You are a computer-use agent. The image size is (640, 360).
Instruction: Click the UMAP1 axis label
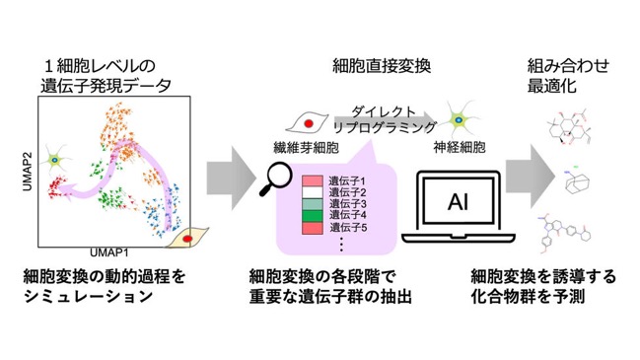click(109, 252)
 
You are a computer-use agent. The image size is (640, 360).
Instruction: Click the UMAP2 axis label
click(28, 172)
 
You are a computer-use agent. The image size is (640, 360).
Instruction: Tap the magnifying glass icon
click(275, 179)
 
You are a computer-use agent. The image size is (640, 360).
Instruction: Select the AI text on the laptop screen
click(458, 201)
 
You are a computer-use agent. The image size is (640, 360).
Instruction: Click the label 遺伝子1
click(347, 180)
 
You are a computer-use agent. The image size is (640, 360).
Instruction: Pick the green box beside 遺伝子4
click(313, 215)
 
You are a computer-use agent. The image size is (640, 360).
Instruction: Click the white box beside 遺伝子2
click(313, 192)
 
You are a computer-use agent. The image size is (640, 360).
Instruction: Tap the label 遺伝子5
click(348, 228)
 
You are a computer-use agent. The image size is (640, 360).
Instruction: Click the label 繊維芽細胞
click(306, 148)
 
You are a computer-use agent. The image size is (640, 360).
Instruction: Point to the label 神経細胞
click(460, 147)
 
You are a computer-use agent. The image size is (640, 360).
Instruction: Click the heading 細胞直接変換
click(382, 66)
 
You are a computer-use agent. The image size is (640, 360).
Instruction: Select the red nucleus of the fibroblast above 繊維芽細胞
click(309, 123)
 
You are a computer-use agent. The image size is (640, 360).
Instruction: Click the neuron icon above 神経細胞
click(459, 119)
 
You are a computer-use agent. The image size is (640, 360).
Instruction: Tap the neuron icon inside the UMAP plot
click(55, 160)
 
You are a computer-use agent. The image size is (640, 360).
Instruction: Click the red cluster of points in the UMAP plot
click(57, 186)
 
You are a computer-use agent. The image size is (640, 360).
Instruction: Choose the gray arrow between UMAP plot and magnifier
click(231, 179)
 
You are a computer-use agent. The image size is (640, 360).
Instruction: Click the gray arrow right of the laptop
click(531, 177)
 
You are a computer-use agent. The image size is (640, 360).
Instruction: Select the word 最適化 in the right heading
click(551, 86)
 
